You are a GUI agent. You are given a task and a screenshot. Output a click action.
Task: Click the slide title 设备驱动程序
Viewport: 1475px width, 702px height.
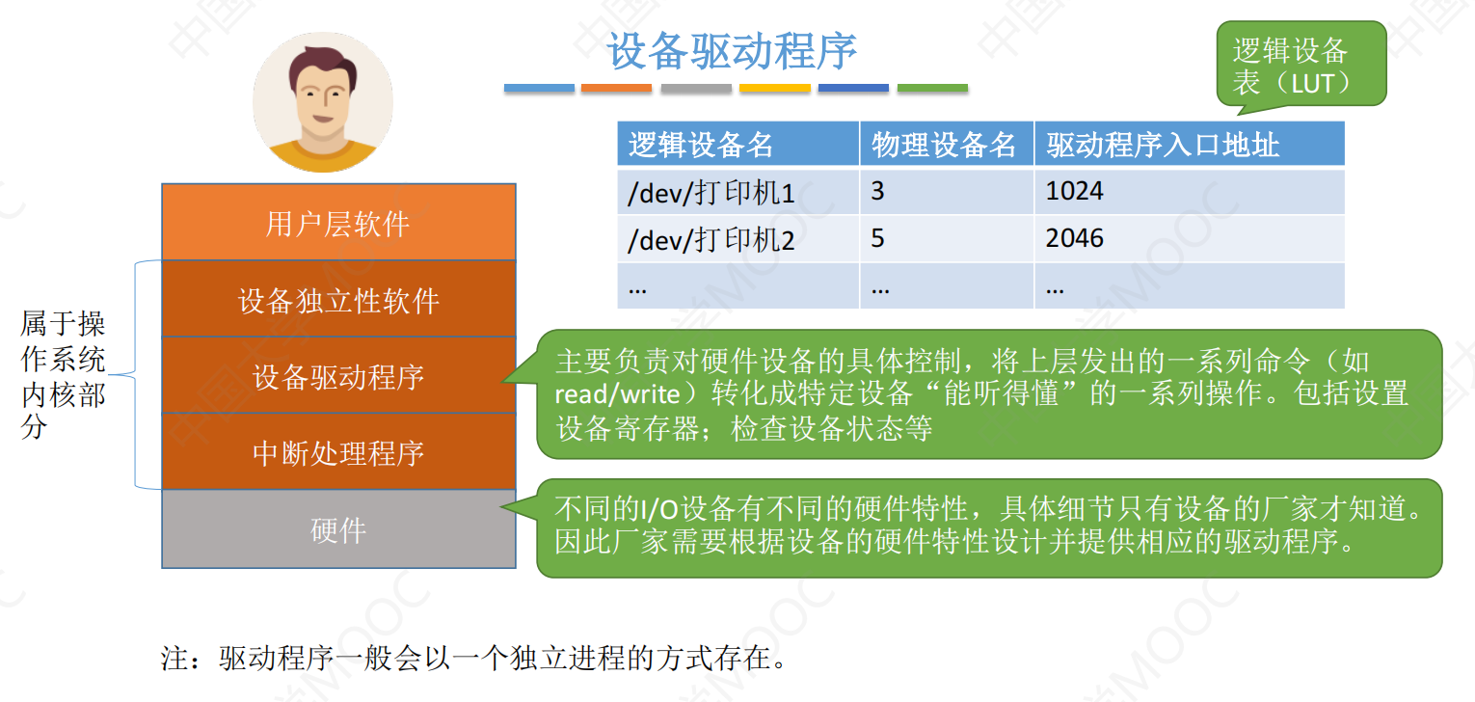[x=732, y=51]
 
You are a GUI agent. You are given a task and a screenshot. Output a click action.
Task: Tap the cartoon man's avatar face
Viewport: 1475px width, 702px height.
[x=323, y=103]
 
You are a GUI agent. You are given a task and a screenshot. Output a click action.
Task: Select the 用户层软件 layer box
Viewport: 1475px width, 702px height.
[x=338, y=223]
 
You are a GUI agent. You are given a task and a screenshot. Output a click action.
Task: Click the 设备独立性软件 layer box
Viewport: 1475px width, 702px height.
[x=338, y=299]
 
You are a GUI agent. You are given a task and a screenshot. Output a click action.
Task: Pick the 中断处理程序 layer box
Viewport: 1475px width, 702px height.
[x=338, y=451]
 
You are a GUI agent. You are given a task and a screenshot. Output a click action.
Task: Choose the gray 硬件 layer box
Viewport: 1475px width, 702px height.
[x=338, y=528]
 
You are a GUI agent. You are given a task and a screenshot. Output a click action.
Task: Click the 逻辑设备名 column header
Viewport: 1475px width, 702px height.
[x=738, y=144]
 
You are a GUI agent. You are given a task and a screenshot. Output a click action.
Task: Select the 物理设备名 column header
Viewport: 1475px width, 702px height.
[x=947, y=144]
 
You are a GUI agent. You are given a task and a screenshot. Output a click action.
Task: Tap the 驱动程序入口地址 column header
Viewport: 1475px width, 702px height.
[x=1190, y=144]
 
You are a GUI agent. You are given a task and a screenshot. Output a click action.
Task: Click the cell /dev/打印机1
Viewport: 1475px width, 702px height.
[x=738, y=192]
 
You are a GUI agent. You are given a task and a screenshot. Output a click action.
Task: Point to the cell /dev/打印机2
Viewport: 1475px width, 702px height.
[x=738, y=239]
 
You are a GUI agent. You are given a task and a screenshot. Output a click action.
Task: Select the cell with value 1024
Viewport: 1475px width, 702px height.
[x=1190, y=192]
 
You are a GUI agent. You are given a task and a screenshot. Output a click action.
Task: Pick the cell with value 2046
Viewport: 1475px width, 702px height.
[x=1190, y=239]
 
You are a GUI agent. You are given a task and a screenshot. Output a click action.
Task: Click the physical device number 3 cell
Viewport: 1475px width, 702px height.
[x=947, y=192]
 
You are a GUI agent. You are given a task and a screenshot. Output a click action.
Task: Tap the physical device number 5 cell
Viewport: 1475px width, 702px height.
[x=947, y=239]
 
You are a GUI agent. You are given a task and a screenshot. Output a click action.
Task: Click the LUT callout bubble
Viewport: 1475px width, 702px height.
[x=1301, y=65]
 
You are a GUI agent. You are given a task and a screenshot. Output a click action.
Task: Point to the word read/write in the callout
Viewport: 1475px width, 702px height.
[x=617, y=394]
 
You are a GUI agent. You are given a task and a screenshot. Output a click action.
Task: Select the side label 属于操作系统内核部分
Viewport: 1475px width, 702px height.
[x=63, y=375]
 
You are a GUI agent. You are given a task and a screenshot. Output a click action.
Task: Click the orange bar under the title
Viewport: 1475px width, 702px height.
[x=616, y=89]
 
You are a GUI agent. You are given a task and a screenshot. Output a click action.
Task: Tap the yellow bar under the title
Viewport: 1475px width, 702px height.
[x=774, y=89]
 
